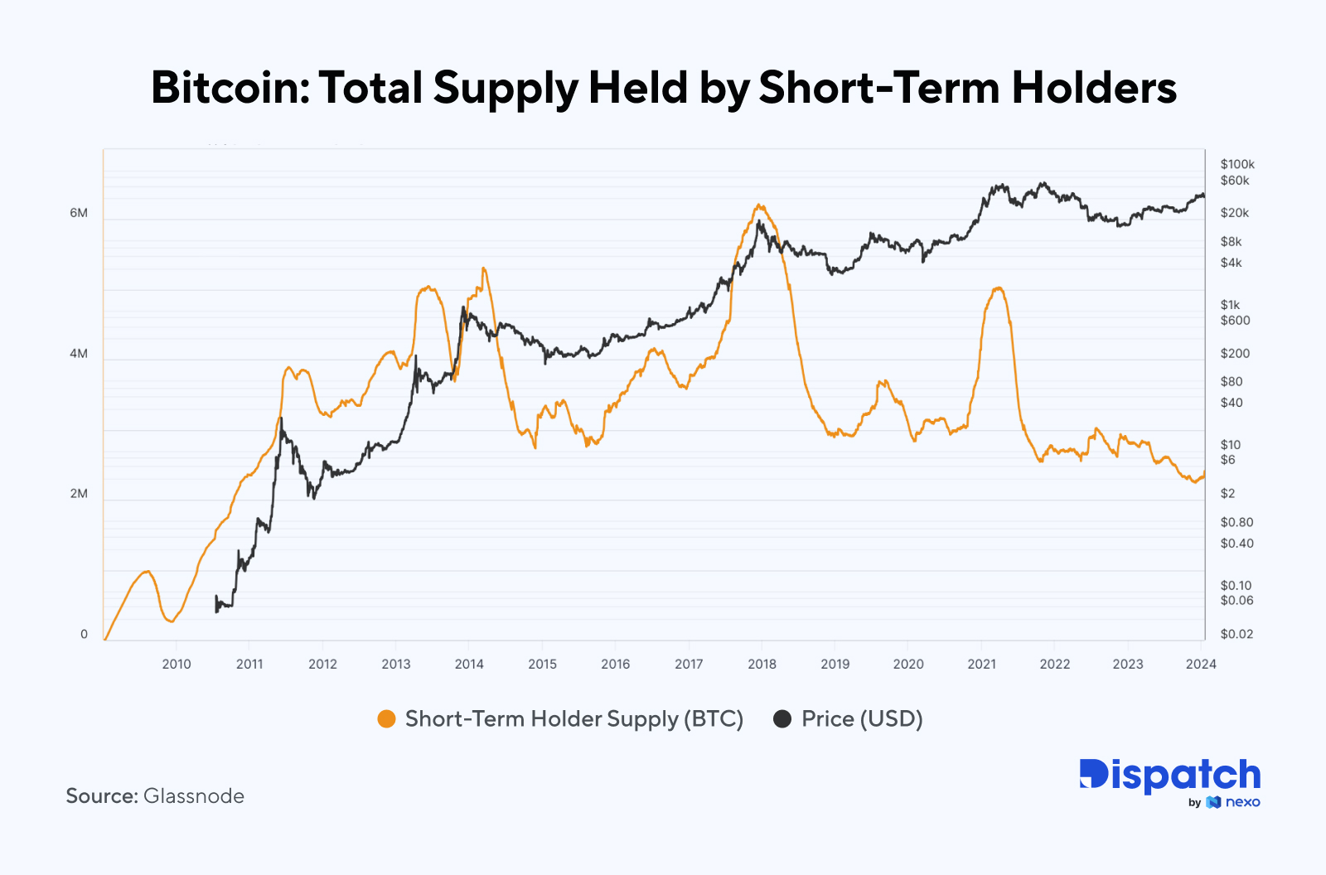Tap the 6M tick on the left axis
click(x=79, y=213)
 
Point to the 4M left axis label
click(x=79, y=354)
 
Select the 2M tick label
click(x=79, y=494)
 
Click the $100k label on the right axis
click(x=1237, y=164)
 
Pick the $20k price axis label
click(x=1234, y=213)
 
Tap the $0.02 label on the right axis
click(x=1236, y=634)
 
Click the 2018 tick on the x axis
click(x=762, y=664)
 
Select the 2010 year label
click(x=177, y=664)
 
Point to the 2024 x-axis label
click(x=1201, y=664)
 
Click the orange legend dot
click(x=386, y=719)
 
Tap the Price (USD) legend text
click(x=862, y=719)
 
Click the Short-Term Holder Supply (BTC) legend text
click(x=573, y=719)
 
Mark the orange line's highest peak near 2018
click(x=758, y=205)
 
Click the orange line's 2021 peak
click(x=998, y=288)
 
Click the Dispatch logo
click(x=1169, y=776)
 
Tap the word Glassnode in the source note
click(x=194, y=796)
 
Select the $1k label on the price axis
click(x=1230, y=305)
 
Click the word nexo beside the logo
click(x=1243, y=802)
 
